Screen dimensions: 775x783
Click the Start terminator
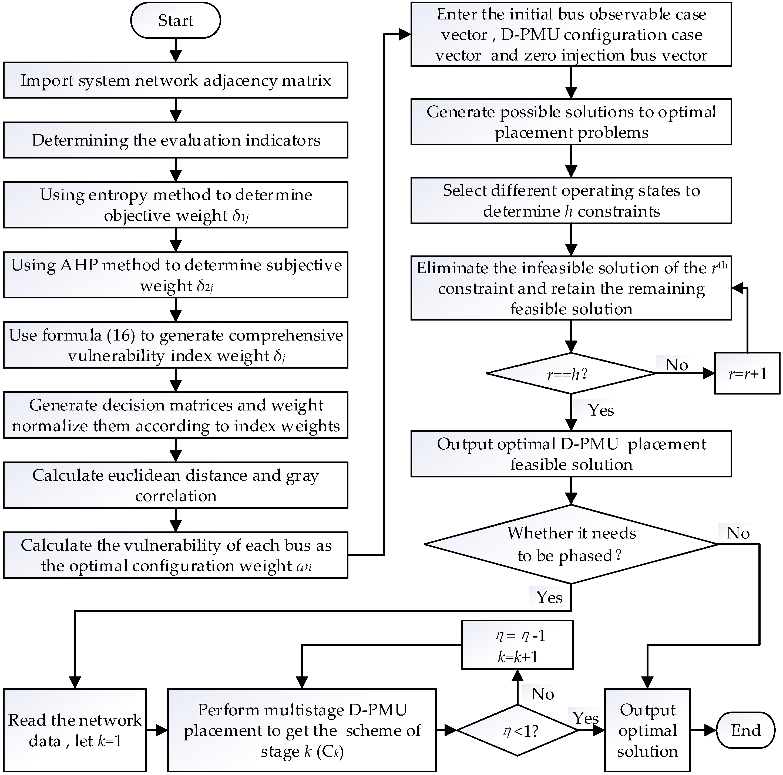click(x=176, y=20)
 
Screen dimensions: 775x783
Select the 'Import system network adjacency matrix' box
click(x=176, y=80)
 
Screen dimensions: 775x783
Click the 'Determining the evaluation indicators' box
click(x=176, y=140)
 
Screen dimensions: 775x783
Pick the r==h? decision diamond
click(x=571, y=373)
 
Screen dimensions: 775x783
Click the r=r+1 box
click(x=747, y=373)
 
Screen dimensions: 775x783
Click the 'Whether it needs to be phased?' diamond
click(x=571, y=544)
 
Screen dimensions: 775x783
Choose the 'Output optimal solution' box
click(x=647, y=730)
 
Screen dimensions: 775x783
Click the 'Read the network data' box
click(x=75, y=730)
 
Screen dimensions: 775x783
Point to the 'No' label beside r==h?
click(x=676, y=365)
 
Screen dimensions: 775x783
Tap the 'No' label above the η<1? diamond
click(x=542, y=694)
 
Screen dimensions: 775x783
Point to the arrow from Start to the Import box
click(x=176, y=50)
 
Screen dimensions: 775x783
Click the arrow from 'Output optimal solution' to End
click(x=703, y=730)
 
